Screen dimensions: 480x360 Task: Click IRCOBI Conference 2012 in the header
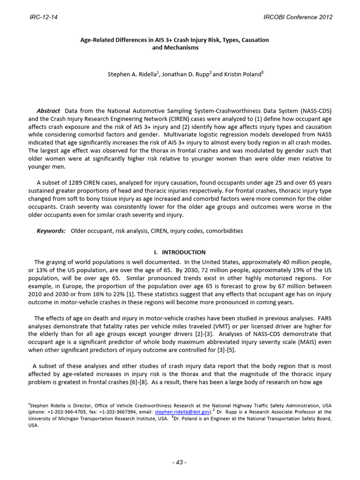(x=298, y=17)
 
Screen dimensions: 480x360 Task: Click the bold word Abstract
(x=48, y=111)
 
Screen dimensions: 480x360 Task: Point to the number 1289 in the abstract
(x=78, y=182)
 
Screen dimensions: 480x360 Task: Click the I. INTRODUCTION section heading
(x=180, y=252)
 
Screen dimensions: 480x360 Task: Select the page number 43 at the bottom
(x=180, y=463)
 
